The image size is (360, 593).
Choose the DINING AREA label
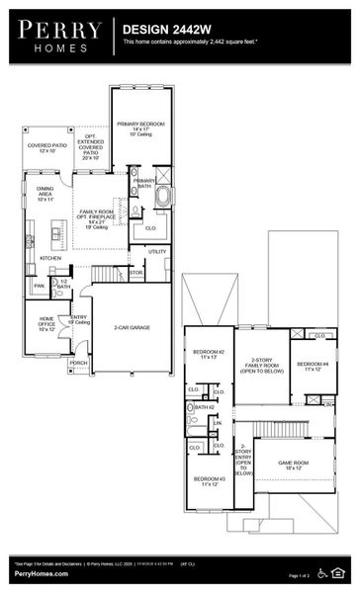coord(46,192)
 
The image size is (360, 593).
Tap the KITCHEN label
coord(50,259)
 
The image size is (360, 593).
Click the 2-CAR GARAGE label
coord(132,326)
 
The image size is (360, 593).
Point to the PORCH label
coord(78,363)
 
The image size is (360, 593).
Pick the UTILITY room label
coord(157,251)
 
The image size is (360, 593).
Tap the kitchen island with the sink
coord(31,239)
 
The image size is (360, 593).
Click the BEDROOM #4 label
coord(314,366)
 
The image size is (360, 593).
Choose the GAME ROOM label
coord(293,464)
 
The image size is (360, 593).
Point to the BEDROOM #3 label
coord(209,481)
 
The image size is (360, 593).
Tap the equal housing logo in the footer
coord(342,573)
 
